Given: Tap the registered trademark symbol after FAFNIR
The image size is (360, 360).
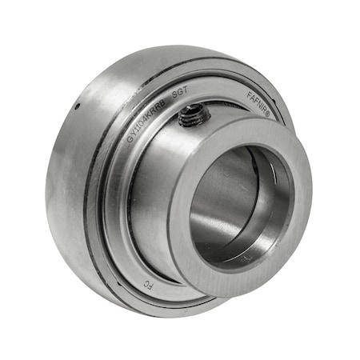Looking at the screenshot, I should click(x=268, y=117).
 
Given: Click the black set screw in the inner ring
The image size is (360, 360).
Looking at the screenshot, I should click(x=191, y=118).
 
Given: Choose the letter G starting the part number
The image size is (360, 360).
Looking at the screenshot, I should click(x=130, y=139).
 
